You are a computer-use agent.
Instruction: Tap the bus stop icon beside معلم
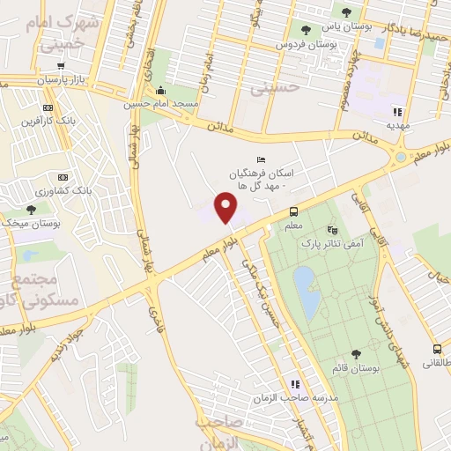[x=293, y=211]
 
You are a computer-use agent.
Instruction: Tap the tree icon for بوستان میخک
[x=32, y=210]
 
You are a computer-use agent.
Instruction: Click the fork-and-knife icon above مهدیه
[x=396, y=112]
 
